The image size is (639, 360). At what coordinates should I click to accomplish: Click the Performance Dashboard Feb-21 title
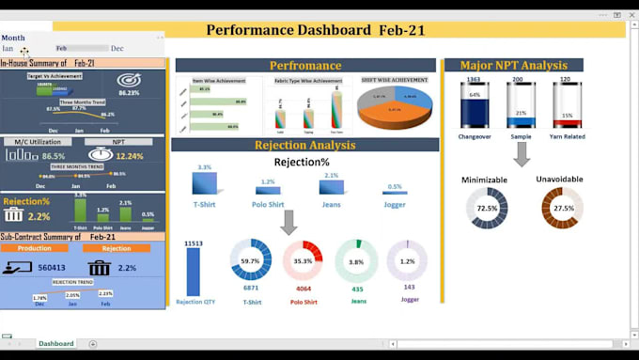pyautogui.click(x=316, y=30)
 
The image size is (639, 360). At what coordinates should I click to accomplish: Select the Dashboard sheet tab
pyautogui.click(x=56, y=343)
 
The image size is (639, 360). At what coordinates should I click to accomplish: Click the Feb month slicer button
pyautogui.click(x=62, y=48)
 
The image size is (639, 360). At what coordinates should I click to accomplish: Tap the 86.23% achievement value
pyautogui.click(x=129, y=93)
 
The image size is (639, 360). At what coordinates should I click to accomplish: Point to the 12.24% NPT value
pyautogui.click(x=129, y=156)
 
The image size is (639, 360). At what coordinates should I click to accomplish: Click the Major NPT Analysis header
pyautogui.click(x=513, y=66)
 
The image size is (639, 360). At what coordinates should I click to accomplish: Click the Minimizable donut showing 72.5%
pyautogui.click(x=487, y=208)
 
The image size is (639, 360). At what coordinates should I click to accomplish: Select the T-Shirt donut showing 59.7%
pyautogui.click(x=251, y=260)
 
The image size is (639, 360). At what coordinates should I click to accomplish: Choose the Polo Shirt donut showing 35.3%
pyautogui.click(x=303, y=260)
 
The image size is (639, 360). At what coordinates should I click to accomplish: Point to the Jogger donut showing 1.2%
pyautogui.click(x=407, y=260)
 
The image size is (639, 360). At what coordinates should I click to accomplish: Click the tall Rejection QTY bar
pyautogui.click(x=194, y=272)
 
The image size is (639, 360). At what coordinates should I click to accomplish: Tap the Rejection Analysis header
pyautogui.click(x=305, y=146)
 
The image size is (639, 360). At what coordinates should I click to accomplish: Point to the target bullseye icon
pyautogui.click(x=129, y=80)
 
